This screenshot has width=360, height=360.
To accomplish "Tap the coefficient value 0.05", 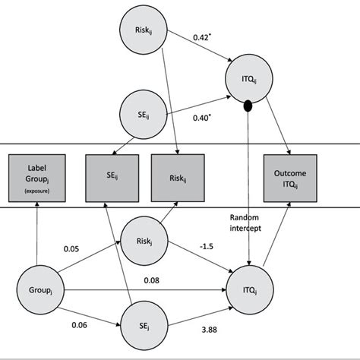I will click(x=72, y=248).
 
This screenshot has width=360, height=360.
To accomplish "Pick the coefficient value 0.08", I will click(x=151, y=282).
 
